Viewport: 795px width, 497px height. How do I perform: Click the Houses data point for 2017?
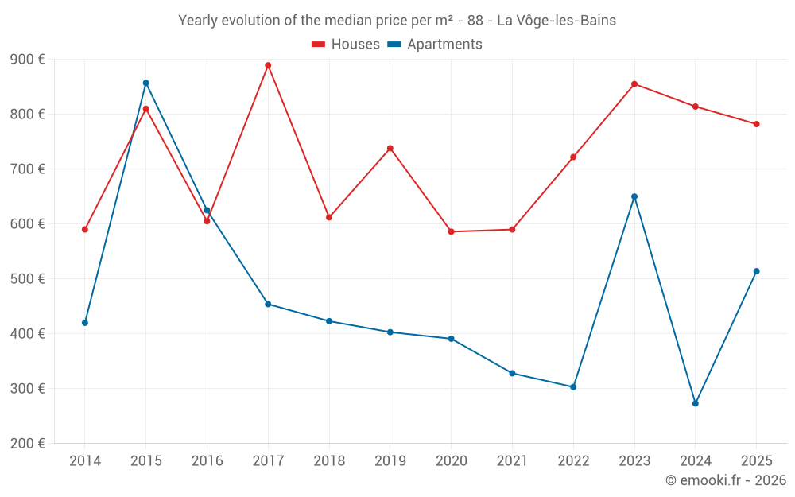[268, 65]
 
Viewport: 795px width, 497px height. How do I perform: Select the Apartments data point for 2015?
[146, 83]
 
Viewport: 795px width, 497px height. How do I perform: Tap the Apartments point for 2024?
[696, 404]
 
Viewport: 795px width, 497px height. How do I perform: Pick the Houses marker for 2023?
[634, 84]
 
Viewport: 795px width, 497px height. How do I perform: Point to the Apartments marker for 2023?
[634, 196]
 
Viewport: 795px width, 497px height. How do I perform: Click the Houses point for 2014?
[85, 230]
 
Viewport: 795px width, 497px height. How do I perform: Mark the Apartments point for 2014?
[85, 323]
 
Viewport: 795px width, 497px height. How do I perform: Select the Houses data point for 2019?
[390, 149]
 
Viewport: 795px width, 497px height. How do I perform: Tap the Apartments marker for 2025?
[757, 271]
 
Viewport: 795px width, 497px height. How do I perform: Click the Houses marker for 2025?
[757, 124]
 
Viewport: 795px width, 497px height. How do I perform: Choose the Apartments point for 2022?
[573, 387]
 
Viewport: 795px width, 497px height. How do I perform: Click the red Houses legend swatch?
[319, 45]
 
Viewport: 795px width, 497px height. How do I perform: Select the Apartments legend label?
[444, 44]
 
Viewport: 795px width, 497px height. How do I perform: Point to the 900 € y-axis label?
[27, 60]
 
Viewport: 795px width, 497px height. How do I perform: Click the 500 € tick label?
[27, 279]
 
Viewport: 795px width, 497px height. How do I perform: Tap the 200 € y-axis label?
[27, 443]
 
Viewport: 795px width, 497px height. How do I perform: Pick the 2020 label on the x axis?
[452, 460]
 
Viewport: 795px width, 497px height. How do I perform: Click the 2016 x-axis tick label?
[207, 460]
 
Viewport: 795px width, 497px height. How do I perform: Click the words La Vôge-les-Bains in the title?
[556, 21]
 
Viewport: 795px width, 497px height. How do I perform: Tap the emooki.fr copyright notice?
[726, 480]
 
